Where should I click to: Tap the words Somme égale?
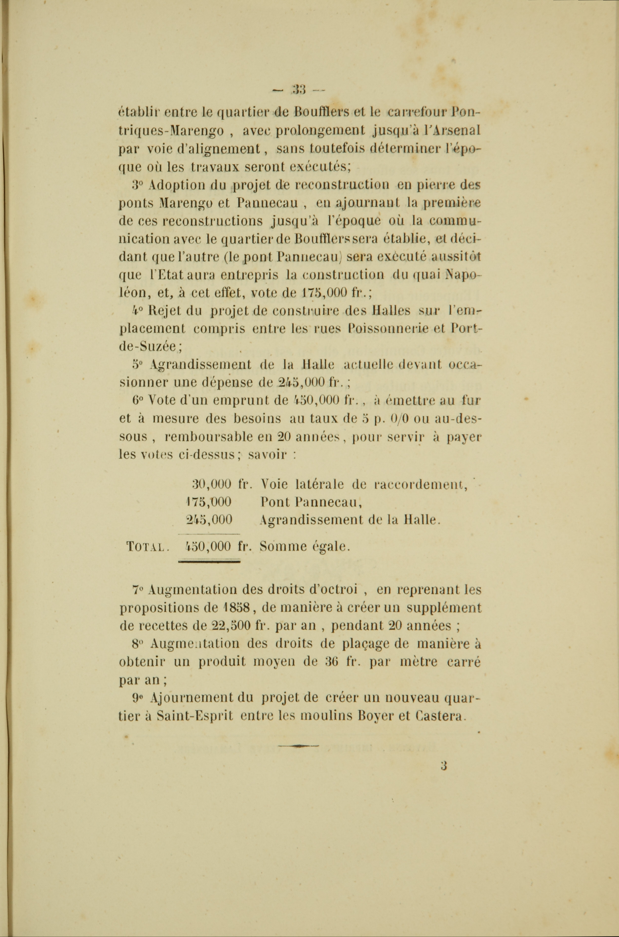click(x=305, y=547)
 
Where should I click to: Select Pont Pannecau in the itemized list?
click(x=312, y=503)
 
